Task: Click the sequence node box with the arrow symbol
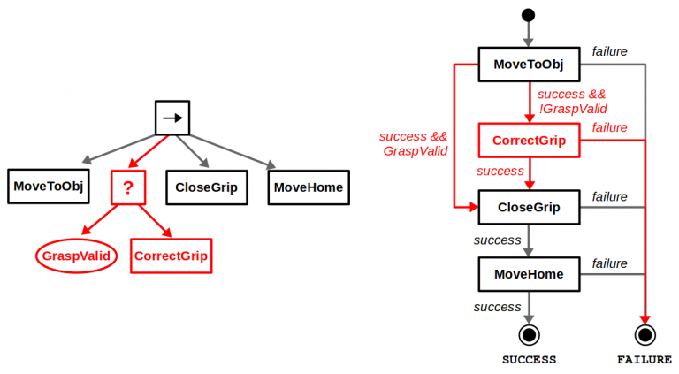(172, 117)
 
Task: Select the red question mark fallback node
(127, 187)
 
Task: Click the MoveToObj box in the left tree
(48, 187)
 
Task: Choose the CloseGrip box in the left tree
(206, 187)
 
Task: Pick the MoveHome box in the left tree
(308, 187)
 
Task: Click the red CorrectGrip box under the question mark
(171, 256)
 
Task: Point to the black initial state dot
(529, 15)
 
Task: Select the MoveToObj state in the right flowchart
(529, 65)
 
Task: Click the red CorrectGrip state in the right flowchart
(529, 140)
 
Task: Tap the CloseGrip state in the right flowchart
(529, 207)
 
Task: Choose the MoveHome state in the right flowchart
(529, 274)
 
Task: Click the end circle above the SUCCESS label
(529, 334)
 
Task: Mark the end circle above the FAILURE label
(645, 334)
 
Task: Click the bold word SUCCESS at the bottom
(529, 360)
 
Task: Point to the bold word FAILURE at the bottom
(645, 360)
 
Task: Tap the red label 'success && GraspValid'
(413, 144)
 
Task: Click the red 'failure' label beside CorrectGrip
(609, 128)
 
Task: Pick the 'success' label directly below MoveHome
(497, 307)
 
